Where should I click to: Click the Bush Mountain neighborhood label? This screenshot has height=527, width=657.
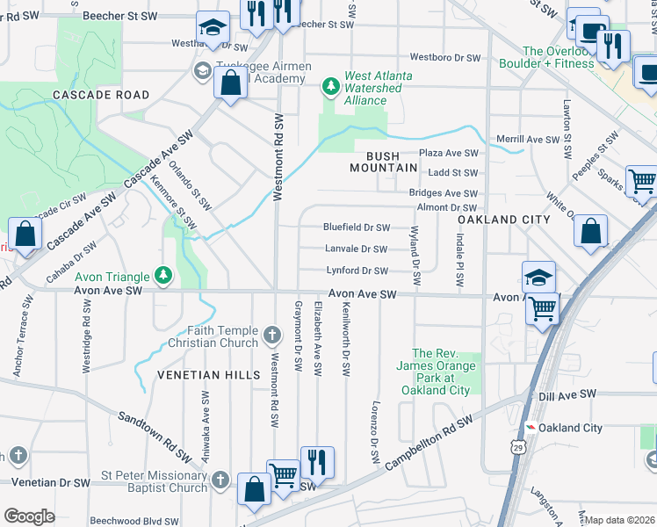(383, 161)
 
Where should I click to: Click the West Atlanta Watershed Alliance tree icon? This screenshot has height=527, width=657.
(330, 85)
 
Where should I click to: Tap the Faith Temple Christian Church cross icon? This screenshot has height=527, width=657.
(272, 335)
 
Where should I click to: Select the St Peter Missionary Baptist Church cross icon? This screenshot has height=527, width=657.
(220, 480)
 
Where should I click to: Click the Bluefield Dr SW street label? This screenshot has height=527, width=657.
(357, 227)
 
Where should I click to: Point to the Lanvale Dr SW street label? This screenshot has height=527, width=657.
(356, 249)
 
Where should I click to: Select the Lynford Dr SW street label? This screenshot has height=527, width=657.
(357, 271)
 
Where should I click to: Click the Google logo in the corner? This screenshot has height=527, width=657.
(29, 516)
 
